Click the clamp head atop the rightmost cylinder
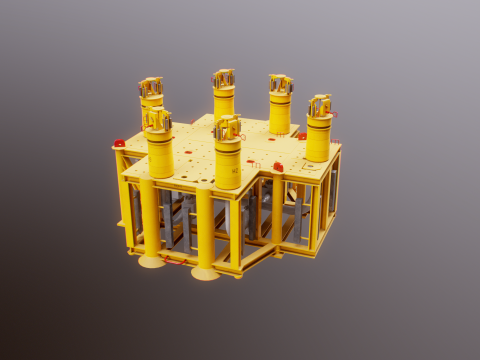pyautogui.click(x=320, y=105)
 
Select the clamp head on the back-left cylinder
pyautogui.click(x=151, y=90)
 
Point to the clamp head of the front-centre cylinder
pyautogui.click(x=228, y=127)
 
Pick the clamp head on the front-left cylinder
pyautogui.click(x=158, y=120)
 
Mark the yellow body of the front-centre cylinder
pyautogui.click(x=228, y=163)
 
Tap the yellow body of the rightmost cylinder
pyautogui.click(x=318, y=140)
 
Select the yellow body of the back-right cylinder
pyautogui.click(x=279, y=114)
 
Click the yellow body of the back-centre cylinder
pyautogui.click(x=223, y=104)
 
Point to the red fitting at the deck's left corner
pyautogui.click(x=120, y=144)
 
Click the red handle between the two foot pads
pyautogui.click(x=176, y=261)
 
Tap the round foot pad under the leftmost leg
pyautogui.click(x=152, y=261)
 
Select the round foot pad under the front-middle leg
pyautogui.click(x=206, y=273)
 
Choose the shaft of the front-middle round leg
pyautogui.click(x=205, y=228)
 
